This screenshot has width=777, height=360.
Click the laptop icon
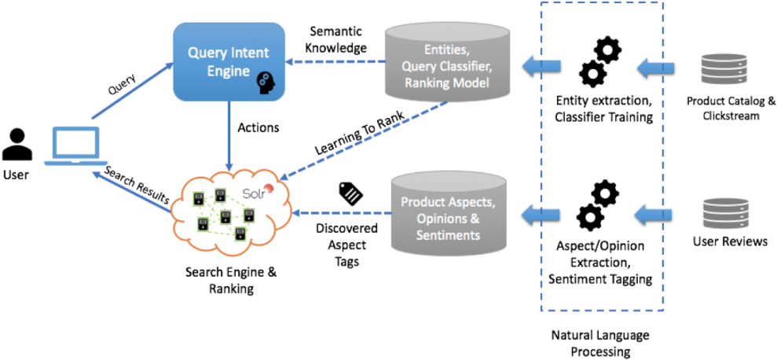[75, 146]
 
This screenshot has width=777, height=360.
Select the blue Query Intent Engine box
[228, 62]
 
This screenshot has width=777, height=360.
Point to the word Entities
[446, 49]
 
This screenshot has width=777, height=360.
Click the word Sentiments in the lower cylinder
[448, 235]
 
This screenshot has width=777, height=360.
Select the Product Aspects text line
[448, 202]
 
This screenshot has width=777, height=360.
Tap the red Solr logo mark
[269, 188]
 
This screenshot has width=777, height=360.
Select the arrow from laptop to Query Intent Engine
[131, 91]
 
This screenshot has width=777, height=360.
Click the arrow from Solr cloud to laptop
[130, 192]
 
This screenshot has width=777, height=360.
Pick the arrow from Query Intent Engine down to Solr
[229, 137]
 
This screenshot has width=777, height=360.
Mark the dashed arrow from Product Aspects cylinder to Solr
[343, 212]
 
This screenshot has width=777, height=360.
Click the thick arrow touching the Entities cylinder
[542, 66]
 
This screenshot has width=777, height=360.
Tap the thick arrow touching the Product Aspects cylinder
[542, 212]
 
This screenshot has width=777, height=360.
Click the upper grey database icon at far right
[724, 69]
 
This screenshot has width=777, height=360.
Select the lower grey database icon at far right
[724, 214]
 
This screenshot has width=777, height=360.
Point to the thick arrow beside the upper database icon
[655, 68]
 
